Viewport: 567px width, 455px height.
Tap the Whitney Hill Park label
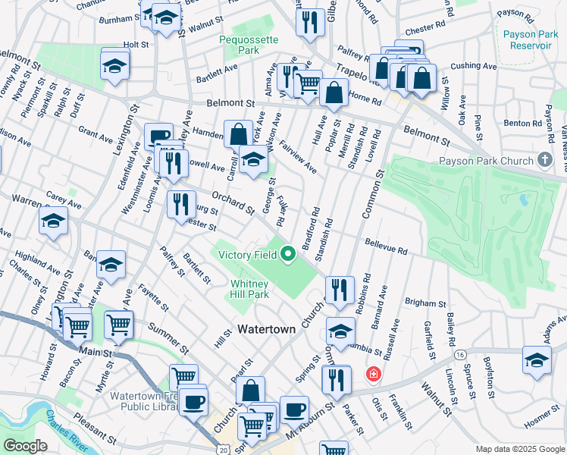coord(249,289)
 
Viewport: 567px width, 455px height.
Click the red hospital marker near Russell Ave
coord(372,374)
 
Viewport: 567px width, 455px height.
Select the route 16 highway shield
coord(460,354)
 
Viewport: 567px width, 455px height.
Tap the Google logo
coord(25,446)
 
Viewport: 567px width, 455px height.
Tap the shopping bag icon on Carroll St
coord(238,134)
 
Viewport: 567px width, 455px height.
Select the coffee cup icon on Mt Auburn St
coord(294,409)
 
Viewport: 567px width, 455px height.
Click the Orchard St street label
coord(232,201)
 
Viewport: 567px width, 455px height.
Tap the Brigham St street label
coord(421,302)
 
